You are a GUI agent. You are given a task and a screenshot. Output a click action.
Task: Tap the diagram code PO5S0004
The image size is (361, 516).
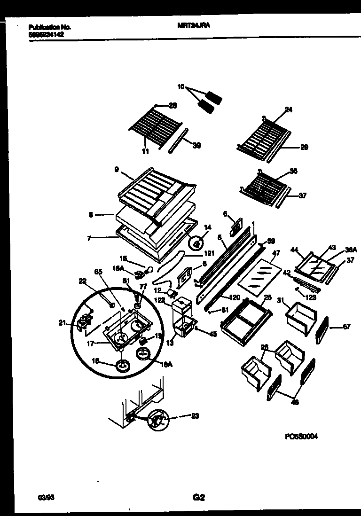tap(301, 436)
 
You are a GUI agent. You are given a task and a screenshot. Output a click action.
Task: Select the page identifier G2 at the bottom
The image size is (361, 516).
tap(199, 497)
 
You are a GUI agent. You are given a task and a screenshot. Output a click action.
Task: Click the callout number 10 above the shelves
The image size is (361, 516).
tap(181, 87)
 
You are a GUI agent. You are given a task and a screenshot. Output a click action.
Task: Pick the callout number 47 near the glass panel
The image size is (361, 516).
tap(276, 253)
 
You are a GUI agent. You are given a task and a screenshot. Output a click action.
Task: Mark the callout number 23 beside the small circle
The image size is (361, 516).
tap(196, 415)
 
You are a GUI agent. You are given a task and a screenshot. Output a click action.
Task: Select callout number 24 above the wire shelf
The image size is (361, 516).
tap(288, 110)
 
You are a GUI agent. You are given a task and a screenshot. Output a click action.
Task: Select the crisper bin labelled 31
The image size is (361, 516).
tap(300, 315)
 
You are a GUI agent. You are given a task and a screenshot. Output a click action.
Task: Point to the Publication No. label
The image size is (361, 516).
tap(46, 28)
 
